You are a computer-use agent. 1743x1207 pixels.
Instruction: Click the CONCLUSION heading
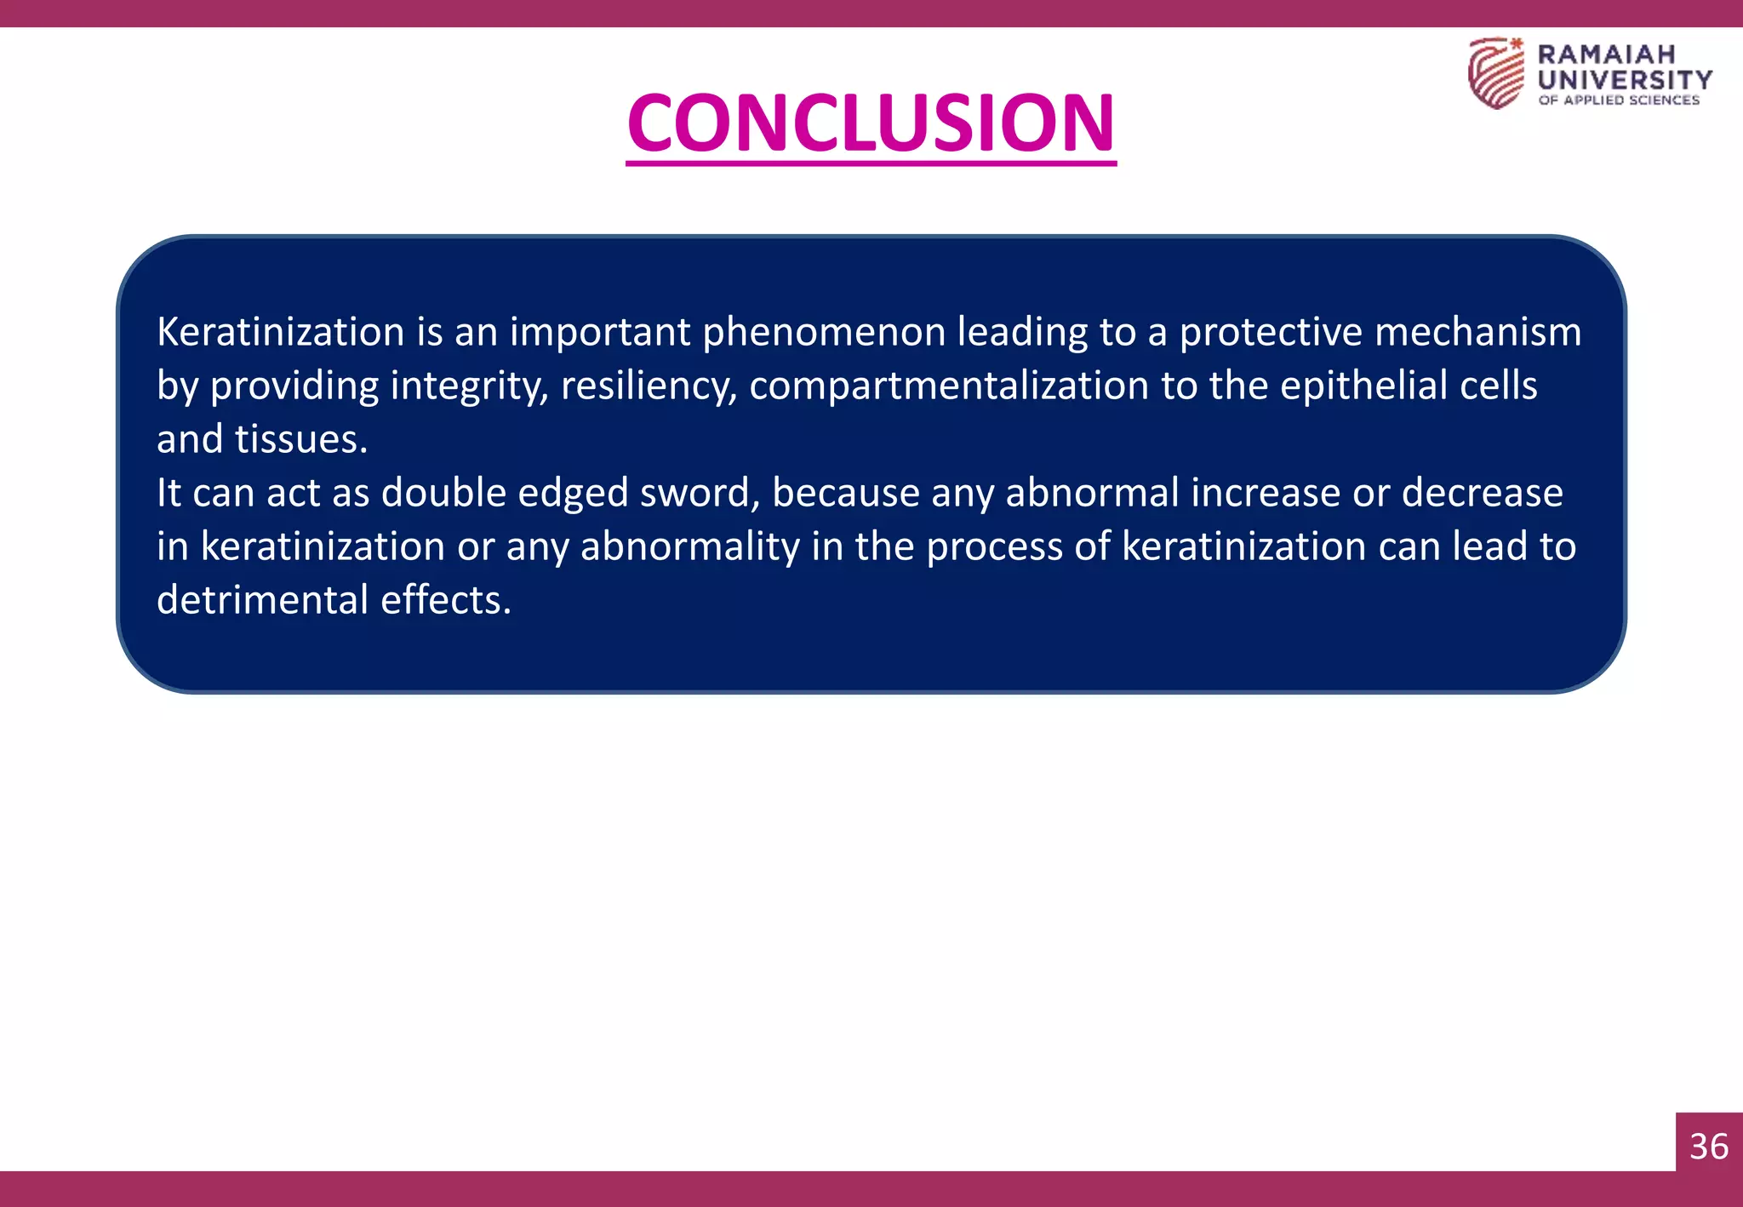pyautogui.click(x=871, y=123)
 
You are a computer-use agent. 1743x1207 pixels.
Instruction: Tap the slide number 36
pyautogui.click(x=1709, y=1147)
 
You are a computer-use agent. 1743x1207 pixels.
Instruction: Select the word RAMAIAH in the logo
pyautogui.click(x=1606, y=54)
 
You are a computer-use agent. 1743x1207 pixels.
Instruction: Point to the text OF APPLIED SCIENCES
pyautogui.click(x=1618, y=100)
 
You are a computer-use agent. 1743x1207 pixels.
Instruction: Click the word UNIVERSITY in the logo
pyautogui.click(x=1625, y=79)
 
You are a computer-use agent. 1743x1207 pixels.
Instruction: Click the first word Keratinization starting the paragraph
pyautogui.click(x=281, y=332)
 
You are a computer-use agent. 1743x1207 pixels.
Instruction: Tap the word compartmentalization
pyautogui.click(x=948, y=386)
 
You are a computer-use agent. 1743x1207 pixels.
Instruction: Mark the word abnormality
pyautogui.click(x=689, y=546)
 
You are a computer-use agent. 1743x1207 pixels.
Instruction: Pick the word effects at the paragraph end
pyautogui.click(x=446, y=600)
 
